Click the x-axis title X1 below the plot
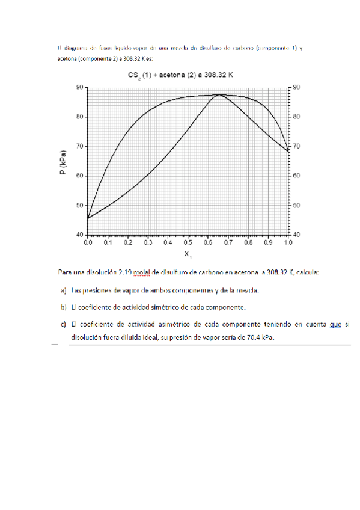tap(188, 254)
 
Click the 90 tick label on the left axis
tap(79, 87)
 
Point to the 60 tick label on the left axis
tap(79, 176)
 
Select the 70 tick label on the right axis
tap(297, 146)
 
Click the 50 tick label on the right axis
tap(297, 205)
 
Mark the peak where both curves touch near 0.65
tap(219, 94)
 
